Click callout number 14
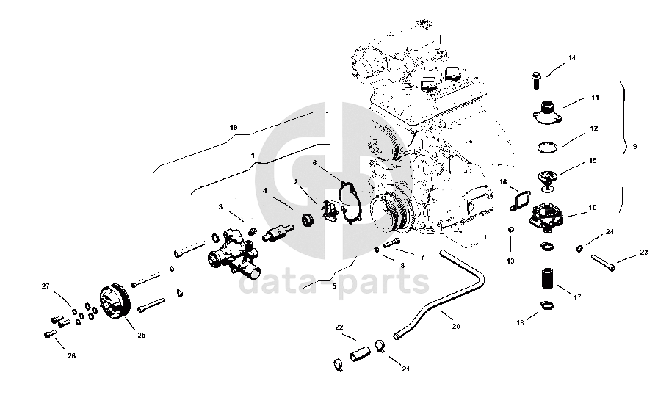pyautogui.click(x=572, y=58)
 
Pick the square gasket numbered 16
pyautogui.click(x=521, y=199)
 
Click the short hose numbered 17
pyautogui.click(x=546, y=281)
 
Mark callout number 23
pyautogui.click(x=644, y=253)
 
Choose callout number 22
pyautogui.click(x=339, y=327)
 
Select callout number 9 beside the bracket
pyautogui.click(x=634, y=147)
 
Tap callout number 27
pyautogui.click(x=45, y=286)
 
